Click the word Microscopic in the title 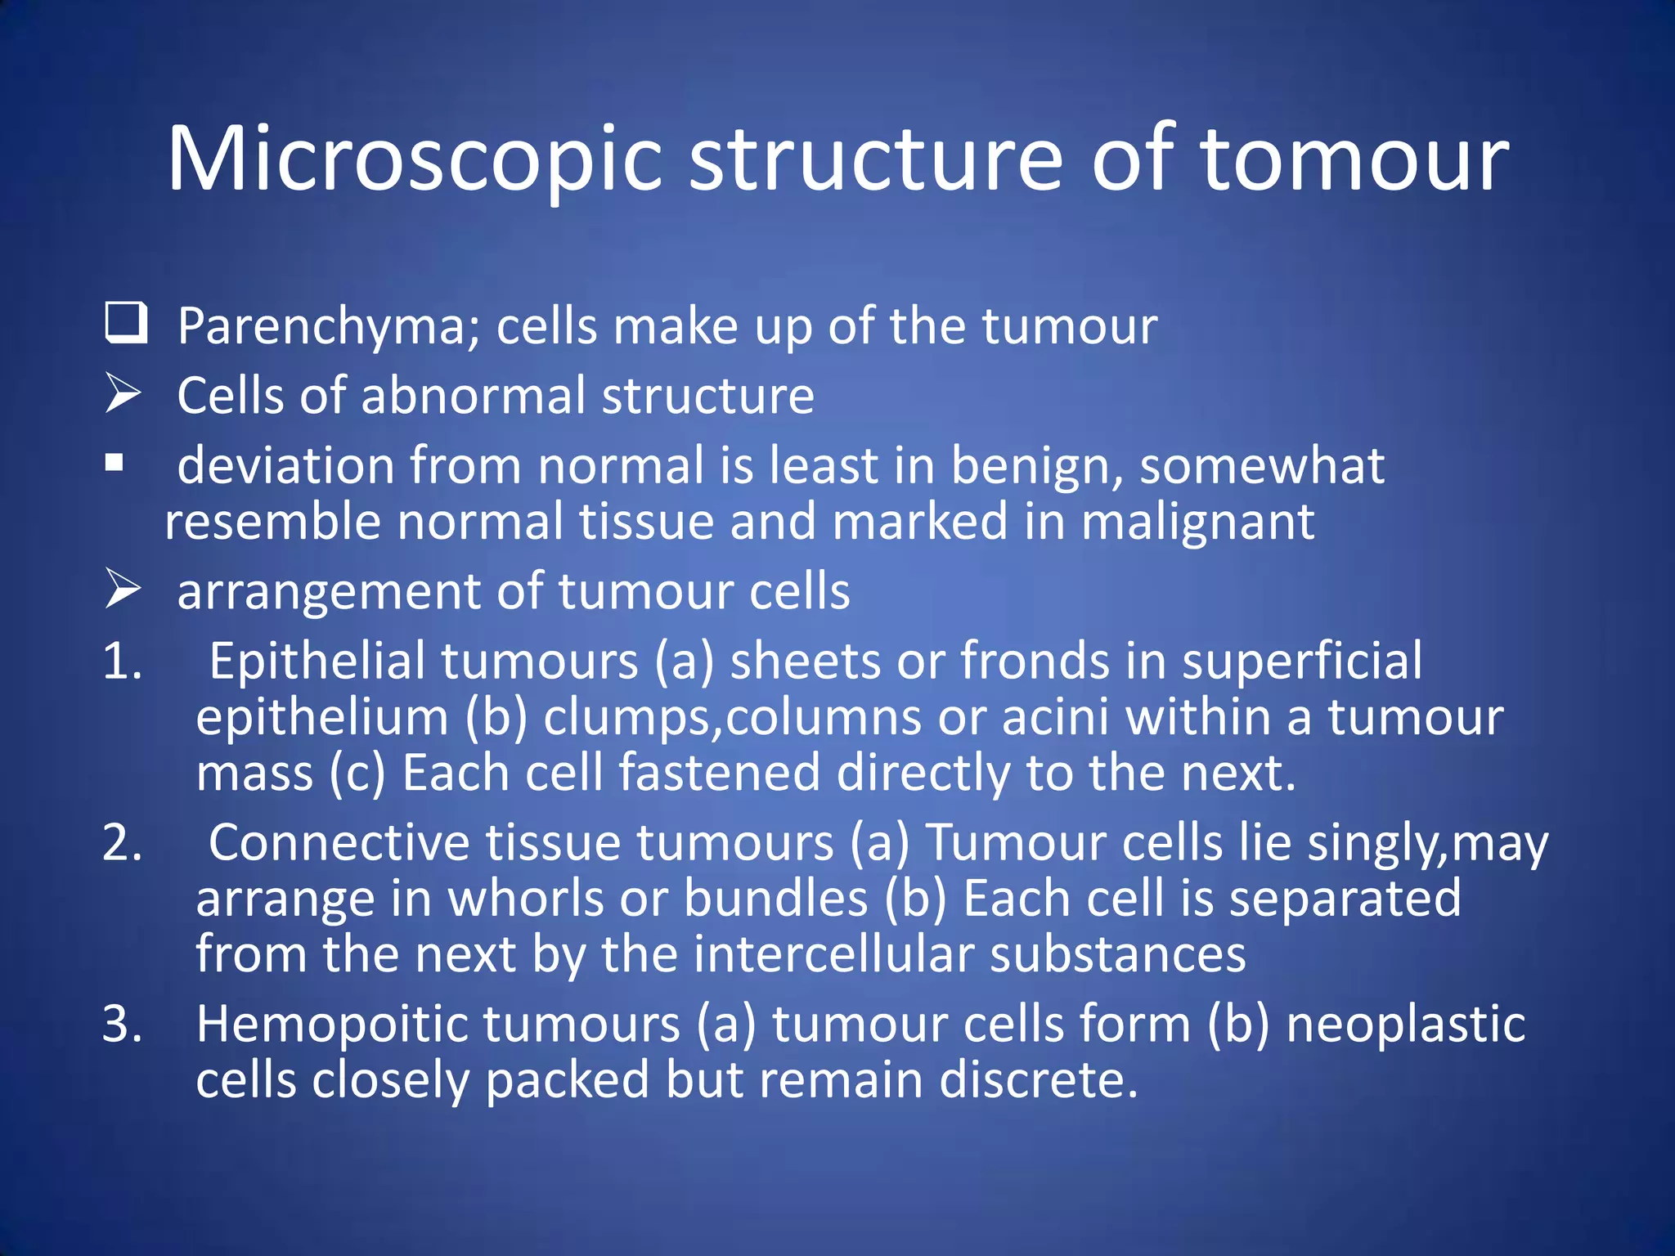pos(414,159)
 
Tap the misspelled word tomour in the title pos(1354,159)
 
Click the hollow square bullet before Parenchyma pos(126,323)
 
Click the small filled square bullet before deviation pos(115,464)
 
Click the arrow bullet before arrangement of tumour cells pos(123,590)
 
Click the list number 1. pos(123,661)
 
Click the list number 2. pos(123,842)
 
